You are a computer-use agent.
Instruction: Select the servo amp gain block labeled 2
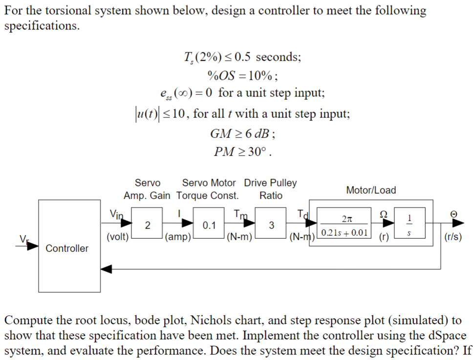[x=147, y=225]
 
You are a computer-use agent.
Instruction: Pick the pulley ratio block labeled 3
[x=272, y=225]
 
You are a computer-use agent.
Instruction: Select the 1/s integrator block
[x=409, y=225]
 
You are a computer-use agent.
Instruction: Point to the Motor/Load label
[x=370, y=190]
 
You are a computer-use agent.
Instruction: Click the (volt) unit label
[x=117, y=237]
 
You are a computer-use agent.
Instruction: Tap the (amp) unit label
[x=178, y=238]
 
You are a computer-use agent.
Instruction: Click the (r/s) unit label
[x=454, y=238]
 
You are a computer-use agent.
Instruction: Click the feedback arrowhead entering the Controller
[x=105, y=268]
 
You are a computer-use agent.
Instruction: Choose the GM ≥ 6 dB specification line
[x=243, y=133]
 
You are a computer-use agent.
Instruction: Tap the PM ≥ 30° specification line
[x=243, y=151]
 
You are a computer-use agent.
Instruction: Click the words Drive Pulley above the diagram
[x=270, y=183]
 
